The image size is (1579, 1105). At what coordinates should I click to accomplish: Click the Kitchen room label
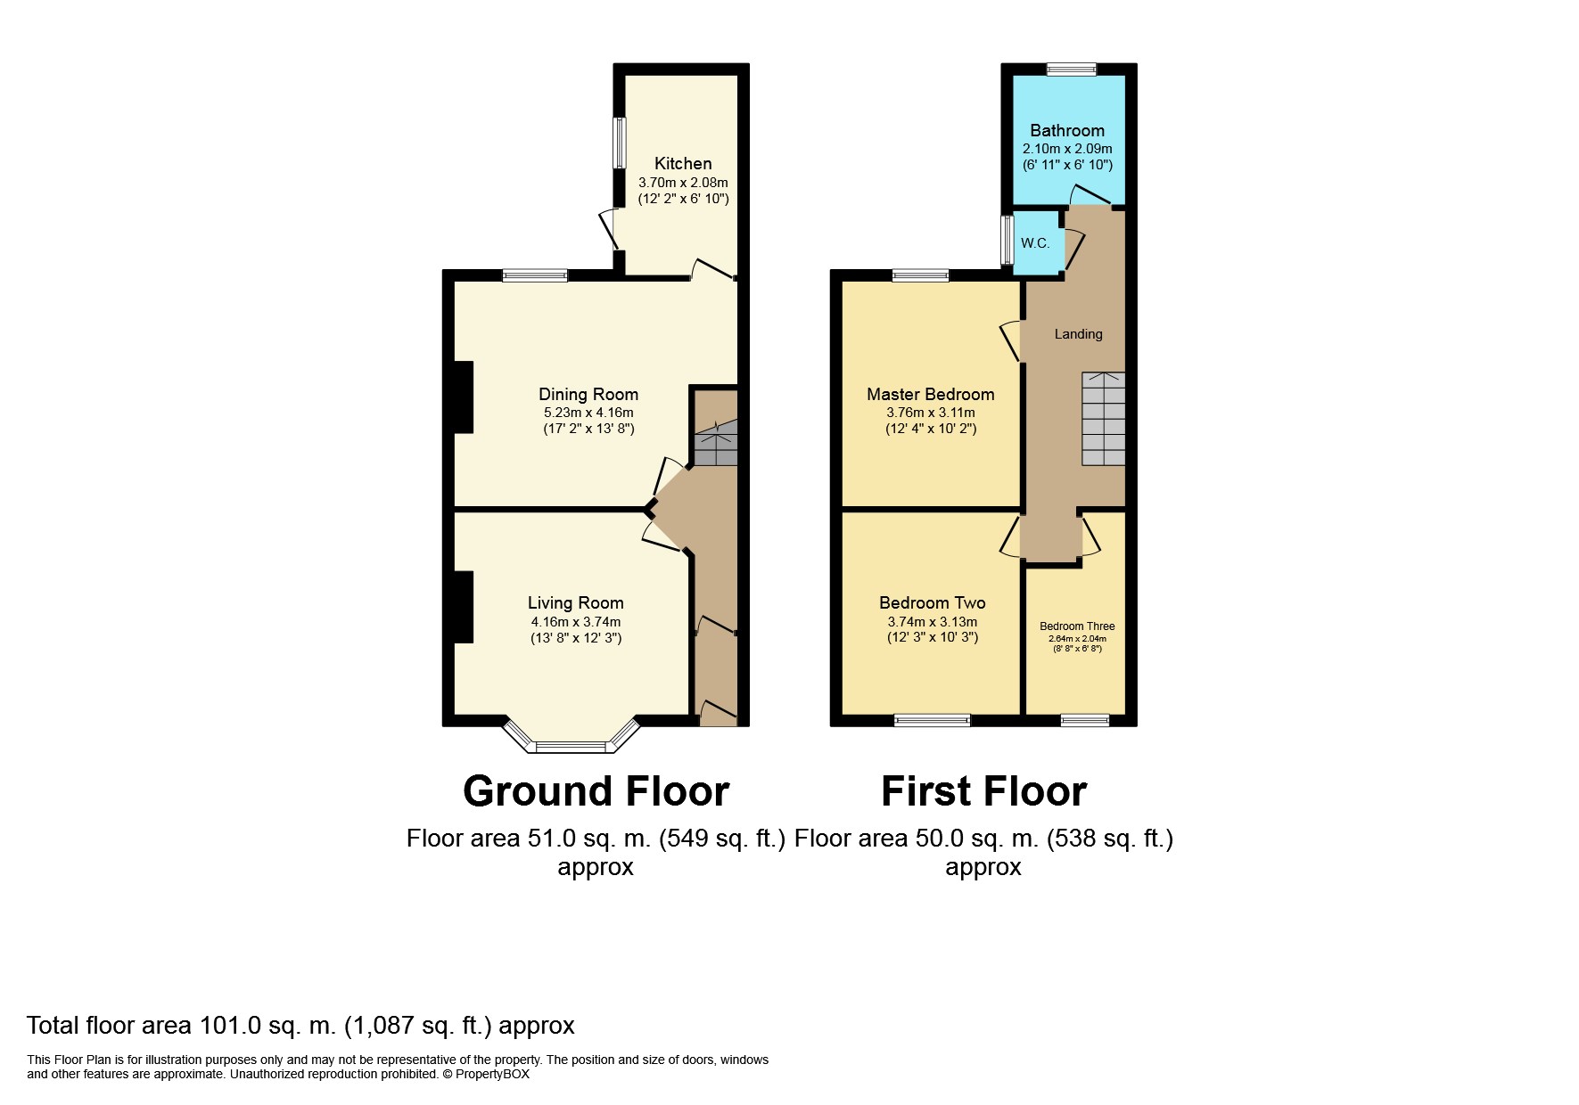pos(683,163)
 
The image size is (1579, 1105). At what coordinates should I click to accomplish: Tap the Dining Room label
pos(588,394)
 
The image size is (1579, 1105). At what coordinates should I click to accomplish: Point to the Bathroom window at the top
pos(1071,69)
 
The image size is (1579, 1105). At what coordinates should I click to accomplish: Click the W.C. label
pos(1035,243)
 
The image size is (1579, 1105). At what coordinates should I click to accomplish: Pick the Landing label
pos(1078,334)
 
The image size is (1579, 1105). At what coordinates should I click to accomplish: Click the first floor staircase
pos(1104,419)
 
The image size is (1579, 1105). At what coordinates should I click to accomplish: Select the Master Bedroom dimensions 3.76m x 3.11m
pos(930,413)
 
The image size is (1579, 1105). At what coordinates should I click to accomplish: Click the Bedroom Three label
pos(1077,626)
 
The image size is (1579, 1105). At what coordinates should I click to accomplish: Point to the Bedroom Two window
pos(932,720)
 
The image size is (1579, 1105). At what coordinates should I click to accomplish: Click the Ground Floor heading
pos(596,791)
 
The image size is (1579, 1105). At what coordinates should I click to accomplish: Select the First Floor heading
pos(983,791)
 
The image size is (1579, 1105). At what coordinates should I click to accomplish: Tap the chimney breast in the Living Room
pos(463,606)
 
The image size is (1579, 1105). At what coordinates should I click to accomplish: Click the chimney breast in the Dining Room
pos(463,397)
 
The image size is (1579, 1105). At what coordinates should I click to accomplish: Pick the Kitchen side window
pos(619,143)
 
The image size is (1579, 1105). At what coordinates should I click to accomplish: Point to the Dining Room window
pos(535,275)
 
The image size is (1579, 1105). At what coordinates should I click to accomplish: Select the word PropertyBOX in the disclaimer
pos(492,1074)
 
